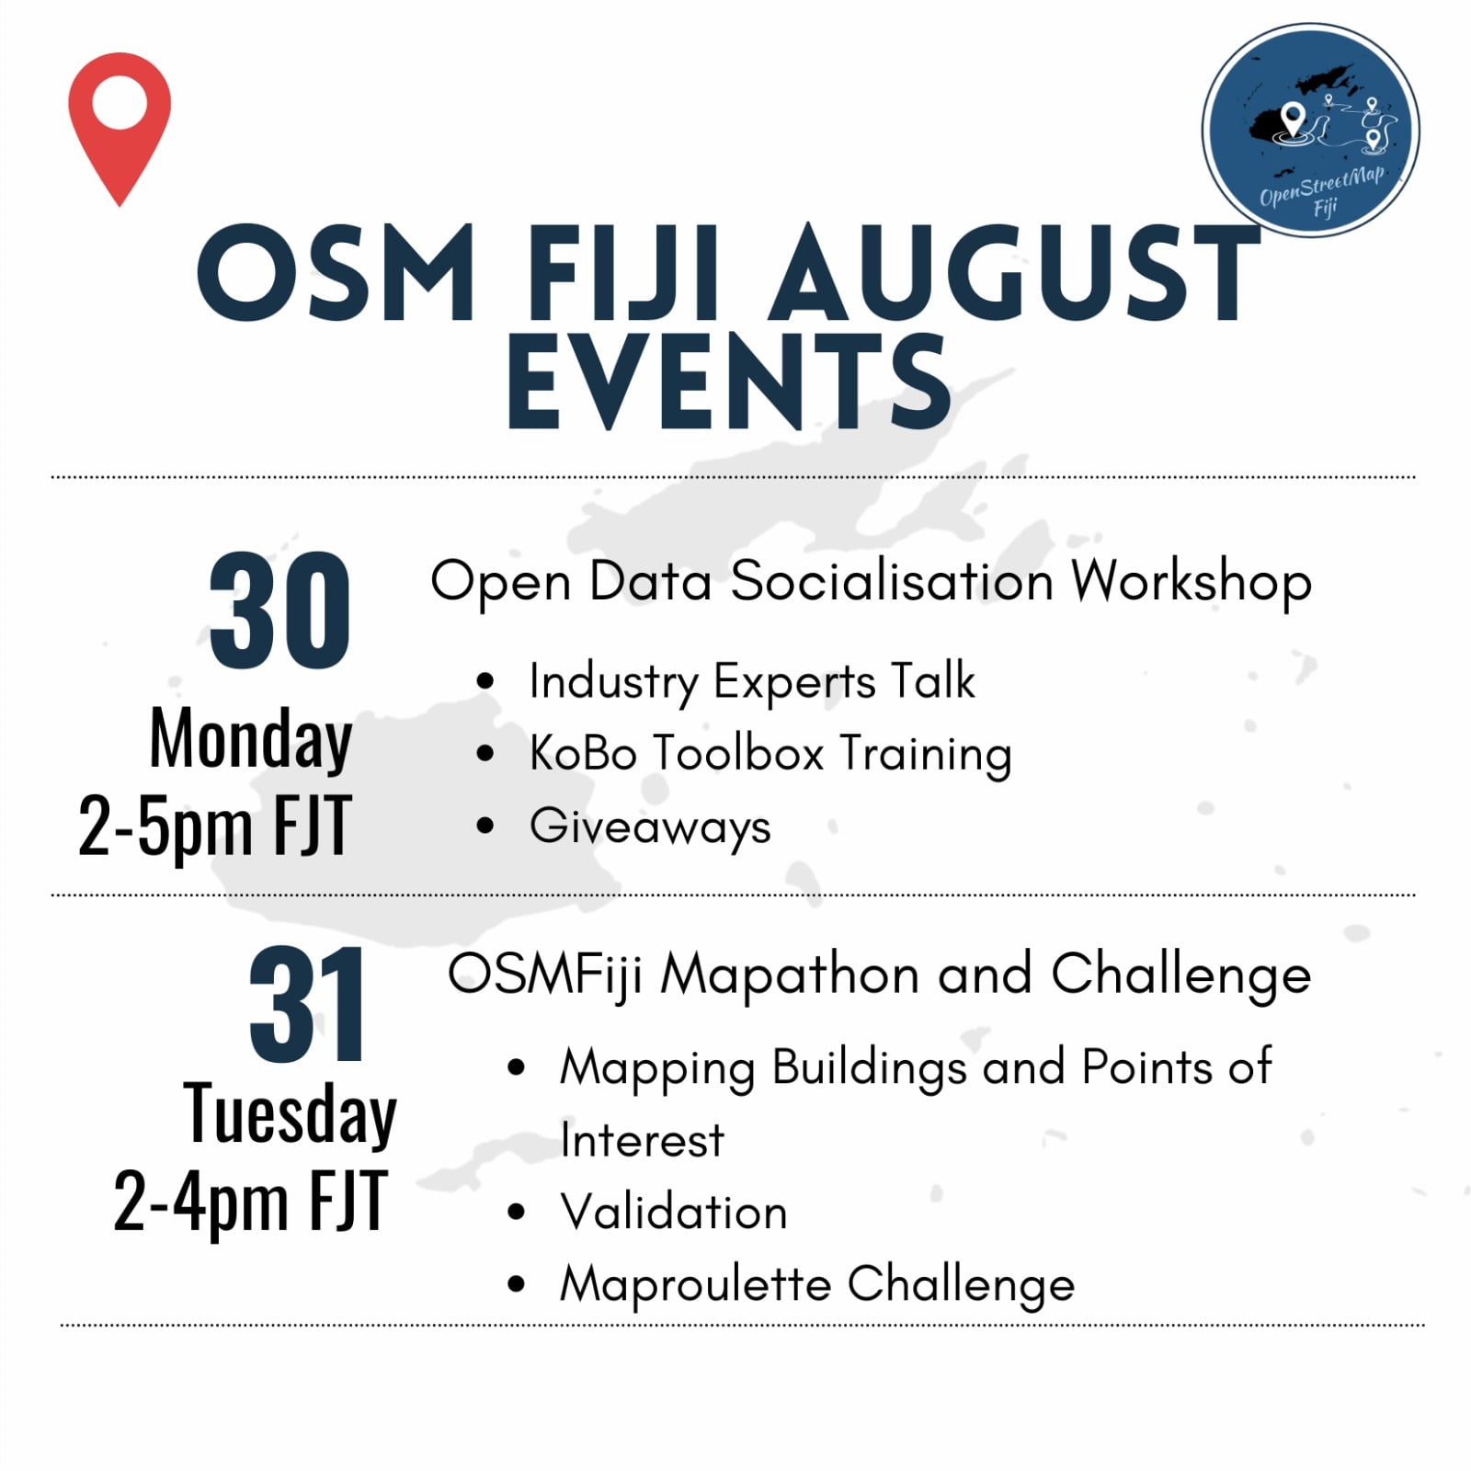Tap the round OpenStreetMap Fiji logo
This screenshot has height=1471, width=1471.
(1310, 131)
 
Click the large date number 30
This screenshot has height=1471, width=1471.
(279, 611)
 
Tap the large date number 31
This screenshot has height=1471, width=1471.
(307, 1004)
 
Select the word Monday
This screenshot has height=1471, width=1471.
(251, 740)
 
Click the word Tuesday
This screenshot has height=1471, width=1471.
(290, 1115)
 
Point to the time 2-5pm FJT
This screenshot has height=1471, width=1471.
(215, 826)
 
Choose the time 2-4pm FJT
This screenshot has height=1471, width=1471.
(250, 1201)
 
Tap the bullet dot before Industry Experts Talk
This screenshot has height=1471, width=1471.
(485, 682)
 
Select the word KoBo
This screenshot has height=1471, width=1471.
(583, 753)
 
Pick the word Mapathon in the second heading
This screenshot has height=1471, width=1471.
(789, 975)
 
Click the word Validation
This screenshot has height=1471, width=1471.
(674, 1212)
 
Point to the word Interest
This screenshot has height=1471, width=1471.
(642, 1141)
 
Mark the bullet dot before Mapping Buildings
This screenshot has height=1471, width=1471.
(516, 1068)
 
